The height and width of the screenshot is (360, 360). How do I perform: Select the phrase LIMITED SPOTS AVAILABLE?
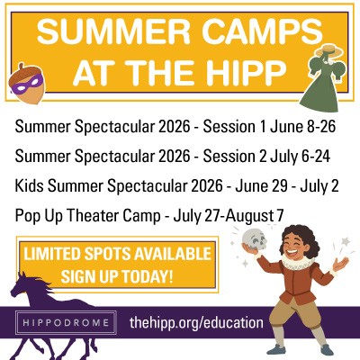coord(120,251)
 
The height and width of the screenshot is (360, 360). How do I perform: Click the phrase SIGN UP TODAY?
coord(120,273)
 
